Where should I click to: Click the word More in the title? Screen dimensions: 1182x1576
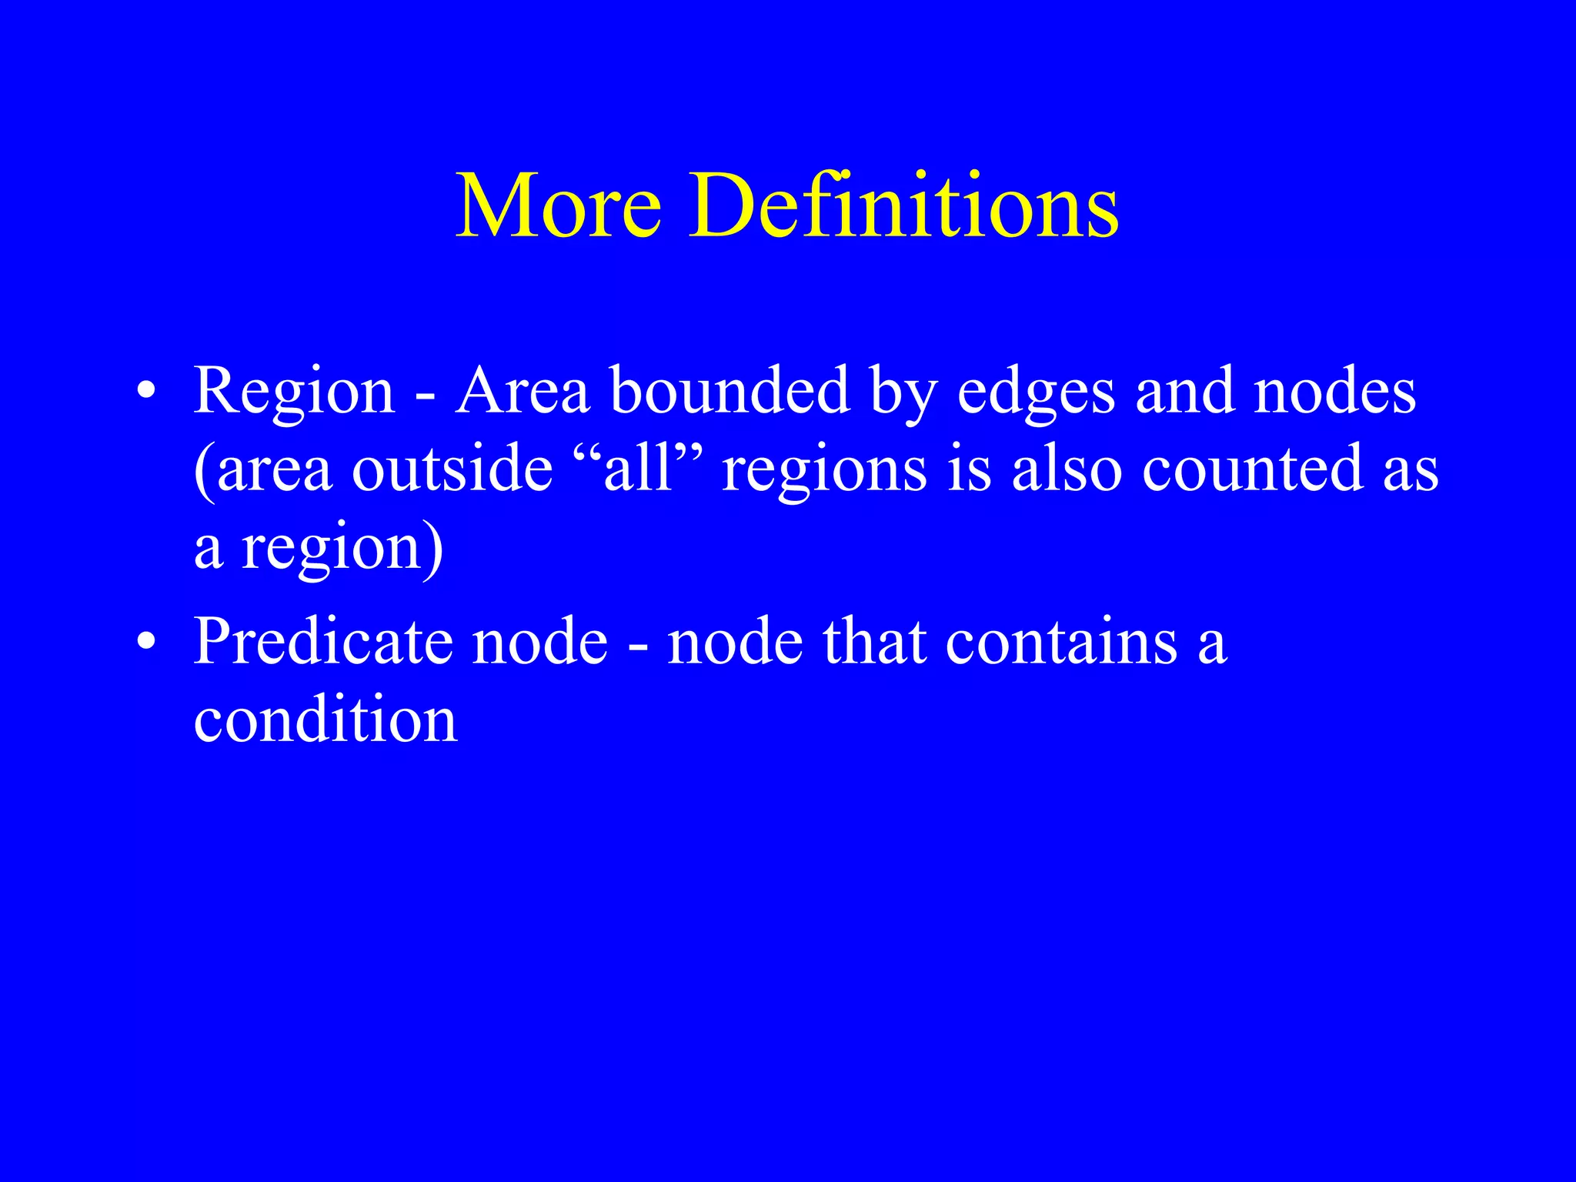pyautogui.click(x=559, y=206)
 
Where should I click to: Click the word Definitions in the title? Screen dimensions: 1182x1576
pyautogui.click(x=903, y=206)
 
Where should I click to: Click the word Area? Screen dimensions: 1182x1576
pyautogui.click(x=523, y=391)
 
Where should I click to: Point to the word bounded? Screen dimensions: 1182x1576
pyautogui.click(x=730, y=391)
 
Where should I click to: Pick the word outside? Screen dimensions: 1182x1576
pyautogui.click(x=452, y=469)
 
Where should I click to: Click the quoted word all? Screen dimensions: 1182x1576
pyautogui.click(x=638, y=469)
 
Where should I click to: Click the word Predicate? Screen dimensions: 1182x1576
pyautogui.click(x=323, y=642)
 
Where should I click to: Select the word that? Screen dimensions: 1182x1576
pyautogui.click(x=874, y=642)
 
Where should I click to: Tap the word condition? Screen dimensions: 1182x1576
pyautogui.click(x=326, y=720)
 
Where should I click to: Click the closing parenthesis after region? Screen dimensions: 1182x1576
pyautogui.click(x=433, y=549)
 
